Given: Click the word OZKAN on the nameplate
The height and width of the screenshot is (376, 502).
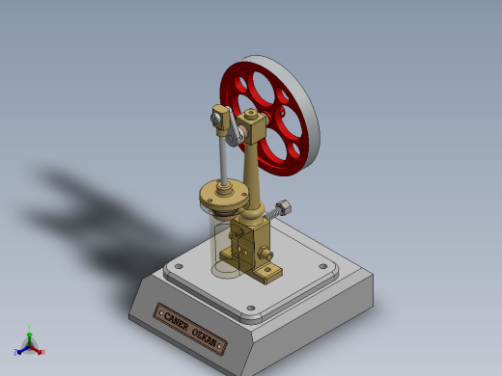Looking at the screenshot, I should tap(208, 337).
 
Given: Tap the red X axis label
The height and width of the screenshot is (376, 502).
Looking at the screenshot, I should tap(42, 352).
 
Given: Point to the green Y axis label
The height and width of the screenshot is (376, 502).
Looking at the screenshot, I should tap(30, 328).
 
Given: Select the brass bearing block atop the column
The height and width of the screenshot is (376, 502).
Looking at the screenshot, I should tap(255, 126).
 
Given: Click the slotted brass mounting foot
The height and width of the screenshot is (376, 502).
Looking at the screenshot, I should tap(266, 270).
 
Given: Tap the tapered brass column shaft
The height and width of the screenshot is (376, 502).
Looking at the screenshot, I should tap(254, 178).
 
